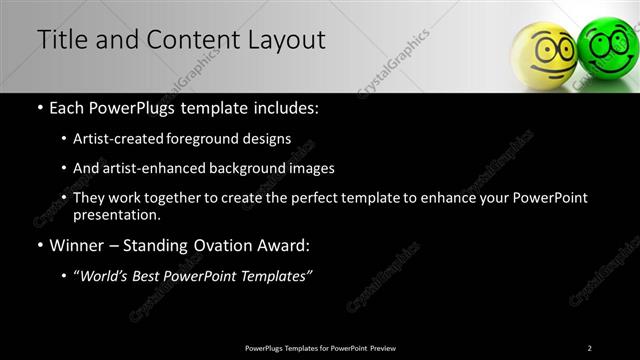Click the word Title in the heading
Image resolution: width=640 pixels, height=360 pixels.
click(x=59, y=40)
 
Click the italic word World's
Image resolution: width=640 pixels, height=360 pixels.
click(x=107, y=276)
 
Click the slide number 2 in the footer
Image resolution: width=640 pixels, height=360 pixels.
click(x=590, y=348)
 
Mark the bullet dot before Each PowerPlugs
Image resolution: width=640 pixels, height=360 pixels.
click(x=39, y=108)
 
